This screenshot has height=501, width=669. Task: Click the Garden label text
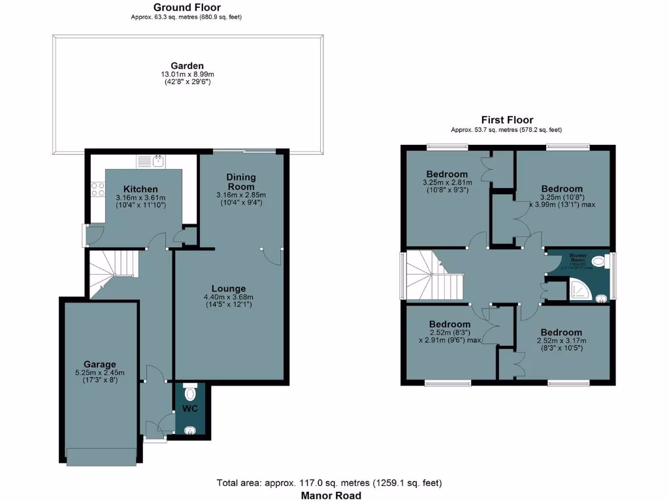click(187, 65)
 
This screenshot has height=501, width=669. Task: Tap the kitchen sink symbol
click(152, 160)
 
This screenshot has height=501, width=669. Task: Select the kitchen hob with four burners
click(98, 189)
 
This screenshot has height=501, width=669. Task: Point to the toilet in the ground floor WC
click(190, 393)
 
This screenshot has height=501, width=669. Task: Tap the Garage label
click(99, 364)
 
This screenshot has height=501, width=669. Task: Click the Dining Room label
click(241, 182)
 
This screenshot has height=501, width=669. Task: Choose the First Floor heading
click(507, 120)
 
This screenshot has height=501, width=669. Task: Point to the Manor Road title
click(330, 495)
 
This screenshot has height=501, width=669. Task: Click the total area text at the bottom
click(329, 483)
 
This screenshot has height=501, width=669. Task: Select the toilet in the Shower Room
click(598, 262)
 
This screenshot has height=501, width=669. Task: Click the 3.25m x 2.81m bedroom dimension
click(448, 183)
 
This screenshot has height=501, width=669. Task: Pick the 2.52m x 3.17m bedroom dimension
click(561, 341)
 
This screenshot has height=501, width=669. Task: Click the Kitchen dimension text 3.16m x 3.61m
click(140, 198)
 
